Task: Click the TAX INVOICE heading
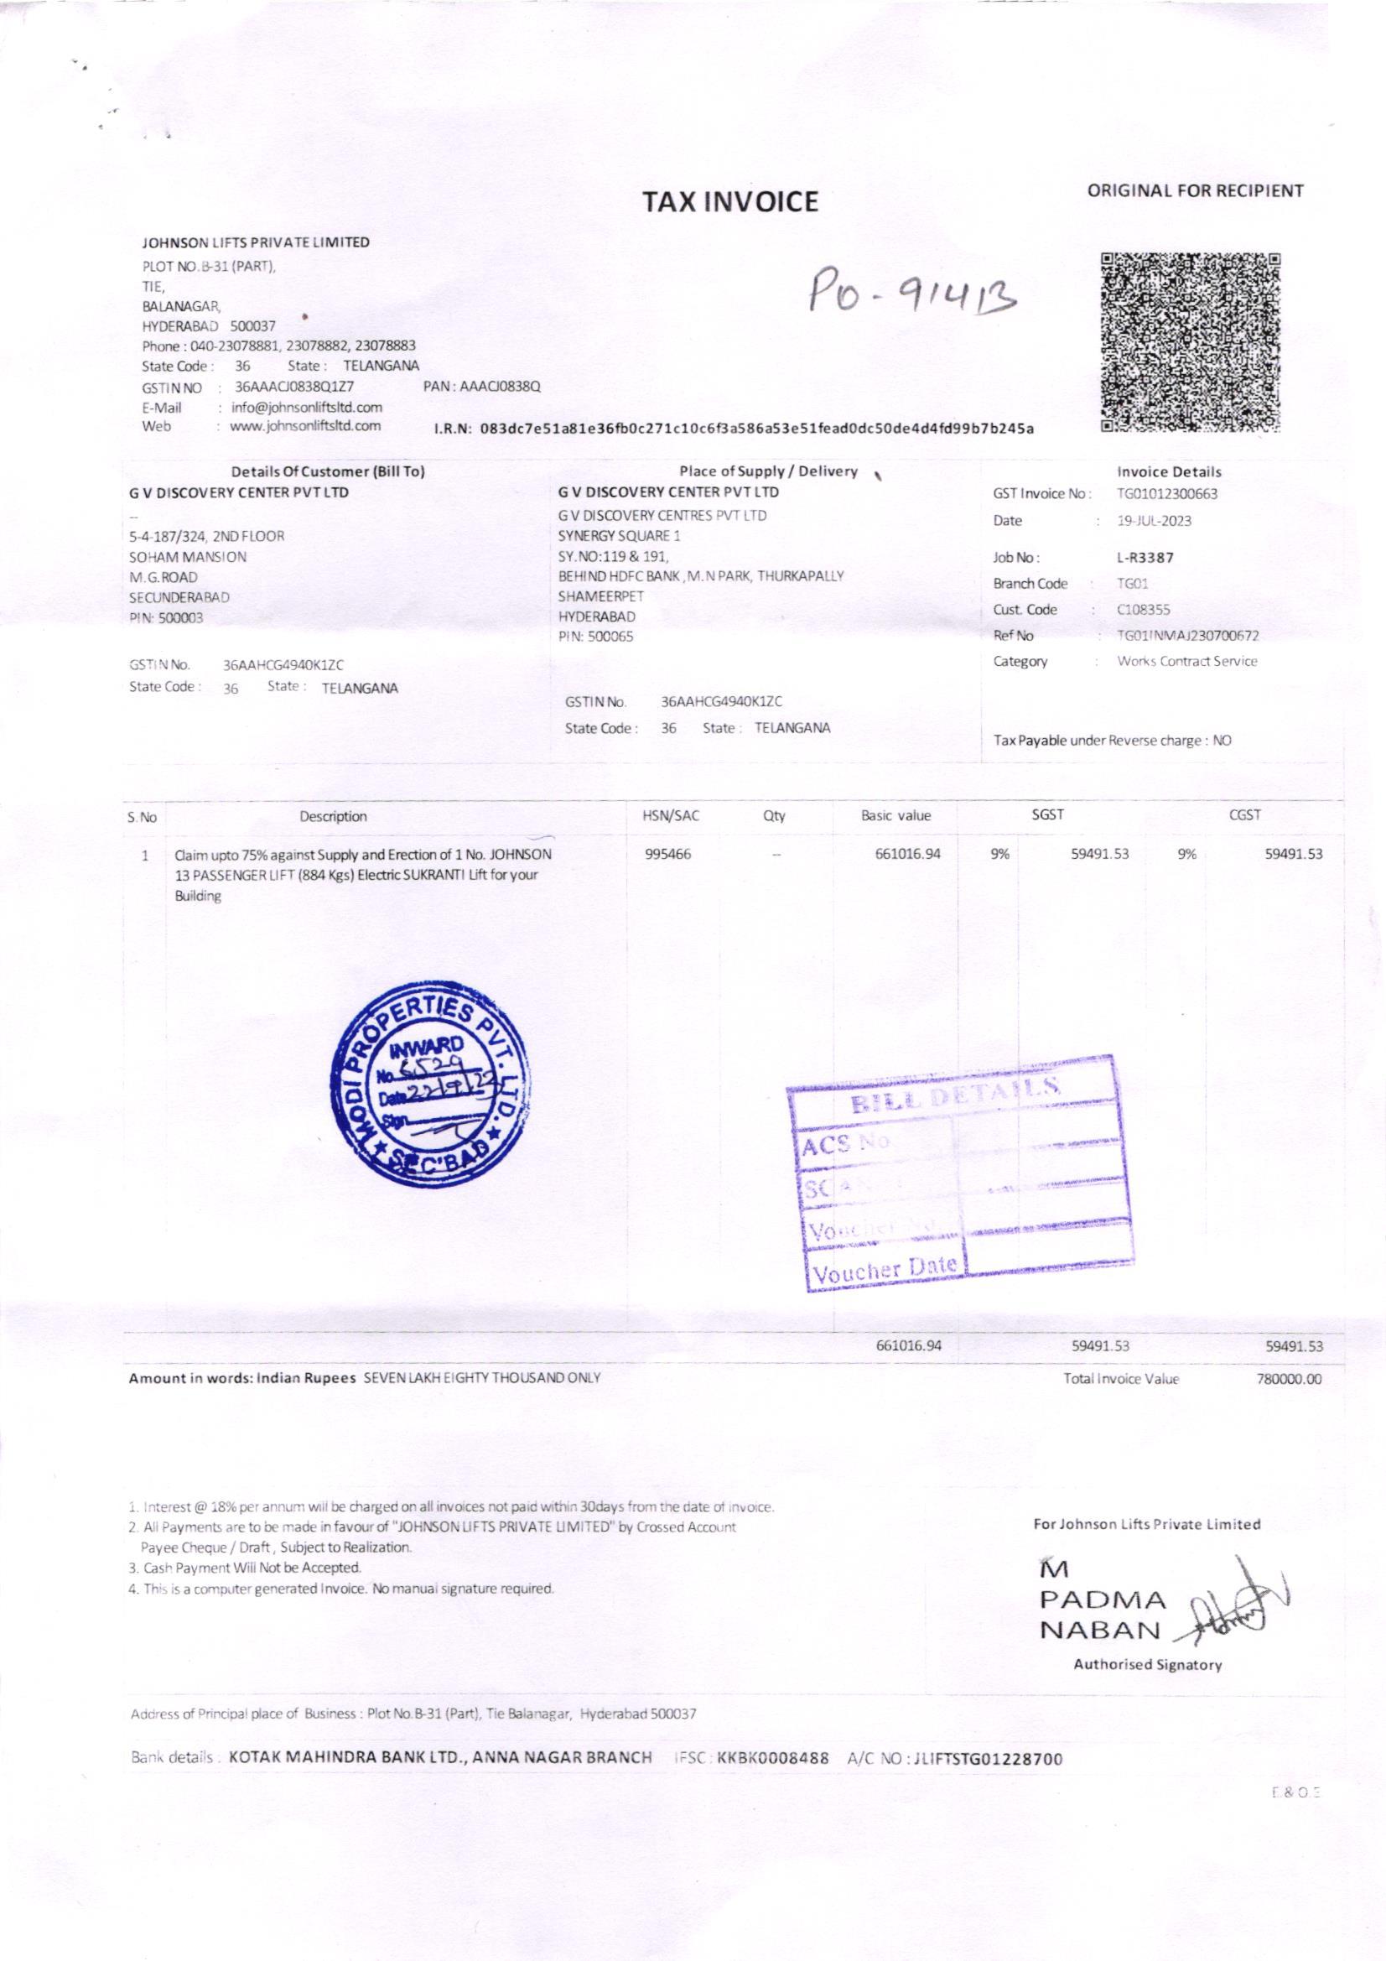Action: coord(730,201)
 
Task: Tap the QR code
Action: coord(1192,341)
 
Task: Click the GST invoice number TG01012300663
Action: coord(1166,494)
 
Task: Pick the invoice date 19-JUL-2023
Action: coord(1155,520)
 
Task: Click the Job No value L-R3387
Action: coord(1145,558)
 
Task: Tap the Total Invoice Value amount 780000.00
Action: coord(1290,1380)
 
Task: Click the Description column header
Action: coord(333,815)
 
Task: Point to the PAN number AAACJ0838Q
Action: coord(481,387)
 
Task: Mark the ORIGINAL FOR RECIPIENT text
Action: coord(1196,191)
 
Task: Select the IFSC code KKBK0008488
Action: coord(773,1759)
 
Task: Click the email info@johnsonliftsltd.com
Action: coord(308,407)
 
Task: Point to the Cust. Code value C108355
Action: coord(1145,610)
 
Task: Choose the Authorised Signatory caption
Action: coord(1148,1664)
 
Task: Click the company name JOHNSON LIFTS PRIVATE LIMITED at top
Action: coord(256,242)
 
